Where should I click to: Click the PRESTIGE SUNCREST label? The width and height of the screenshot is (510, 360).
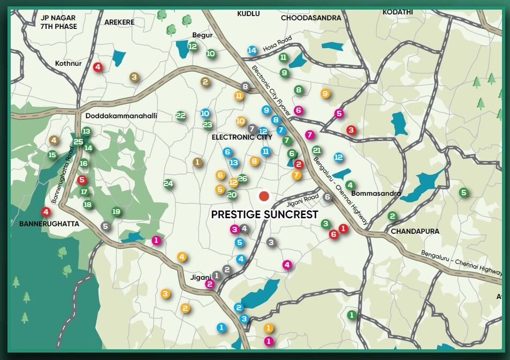point(264,215)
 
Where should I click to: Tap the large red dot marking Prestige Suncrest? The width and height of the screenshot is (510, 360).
point(264,196)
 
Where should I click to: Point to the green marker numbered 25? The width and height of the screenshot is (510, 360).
point(79,142)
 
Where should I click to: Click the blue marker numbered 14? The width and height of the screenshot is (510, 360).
point(252,50)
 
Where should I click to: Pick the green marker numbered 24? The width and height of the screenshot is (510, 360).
point(169,184)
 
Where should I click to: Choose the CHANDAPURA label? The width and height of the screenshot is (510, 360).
point(415,231)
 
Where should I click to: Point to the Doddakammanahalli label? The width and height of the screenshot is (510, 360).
point(121,115)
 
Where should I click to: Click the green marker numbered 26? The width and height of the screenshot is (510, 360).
point(242,179)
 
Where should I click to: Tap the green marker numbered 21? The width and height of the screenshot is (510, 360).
point(317,150)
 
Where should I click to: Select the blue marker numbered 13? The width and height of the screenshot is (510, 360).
point(234,163)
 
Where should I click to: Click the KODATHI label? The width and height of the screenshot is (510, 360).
point(398,12)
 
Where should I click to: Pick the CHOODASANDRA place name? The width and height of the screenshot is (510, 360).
point(311,18)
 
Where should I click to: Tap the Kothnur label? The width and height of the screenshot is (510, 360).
point(68,63)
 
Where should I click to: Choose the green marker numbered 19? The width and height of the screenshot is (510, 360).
point(116,212)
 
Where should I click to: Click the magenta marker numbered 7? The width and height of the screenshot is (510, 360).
point(309,135)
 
